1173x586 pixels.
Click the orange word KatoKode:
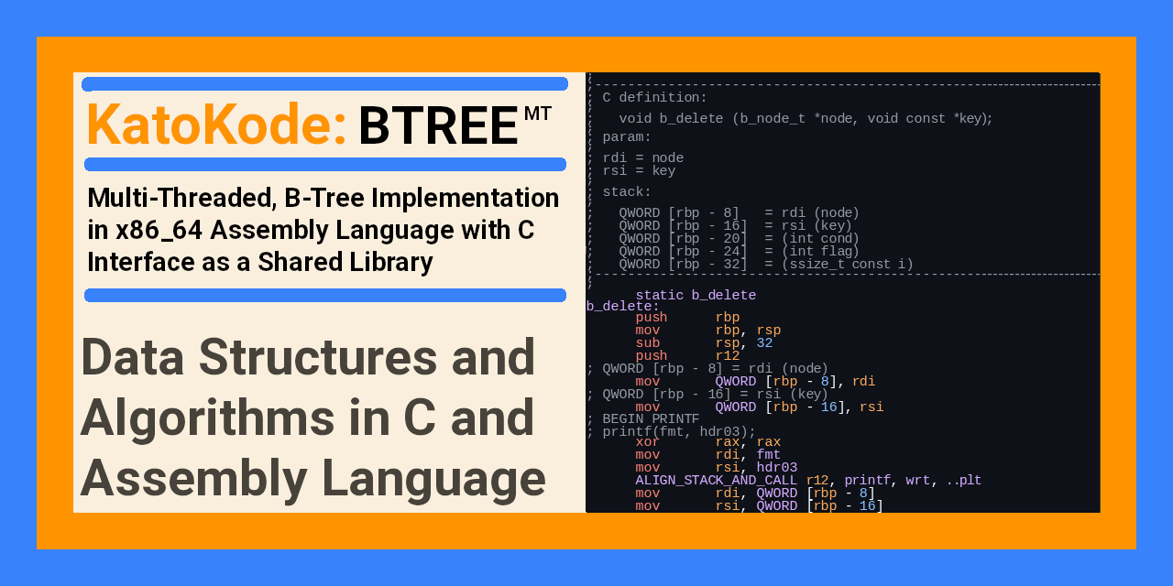point(216,125)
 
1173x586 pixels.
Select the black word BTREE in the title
point(438,126)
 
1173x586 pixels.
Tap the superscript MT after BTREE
point(538,114)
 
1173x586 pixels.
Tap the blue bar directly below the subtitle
point(325,295)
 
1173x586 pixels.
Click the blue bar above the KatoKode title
point(325,84)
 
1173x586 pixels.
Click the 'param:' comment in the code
point(627,137)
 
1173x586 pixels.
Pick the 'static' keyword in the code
point(659,296)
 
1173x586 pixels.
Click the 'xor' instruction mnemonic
point(647,442)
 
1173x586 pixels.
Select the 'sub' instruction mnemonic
point(647,343)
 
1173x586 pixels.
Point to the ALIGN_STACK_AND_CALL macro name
point(717,481)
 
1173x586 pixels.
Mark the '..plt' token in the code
point(963,481)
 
